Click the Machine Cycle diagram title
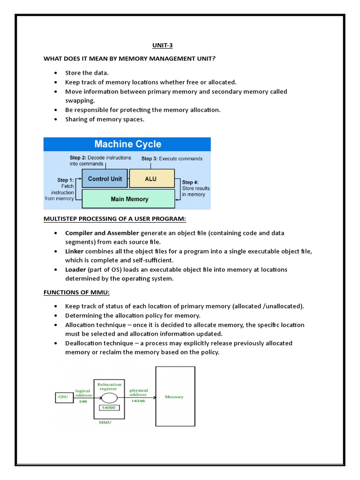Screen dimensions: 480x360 (127, 144)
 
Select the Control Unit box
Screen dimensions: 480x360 (105, 179)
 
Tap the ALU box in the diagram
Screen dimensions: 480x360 (151, 179)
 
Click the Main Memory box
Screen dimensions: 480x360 (129, 199)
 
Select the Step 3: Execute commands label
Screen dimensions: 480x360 (172, 158)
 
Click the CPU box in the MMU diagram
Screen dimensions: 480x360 (62, 397)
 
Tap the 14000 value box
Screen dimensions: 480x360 (109, 407)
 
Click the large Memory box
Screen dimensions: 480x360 (175, 397)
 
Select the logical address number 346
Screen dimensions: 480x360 (83, 402)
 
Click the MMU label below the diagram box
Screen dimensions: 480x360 (105, 422)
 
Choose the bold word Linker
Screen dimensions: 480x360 (75, 251)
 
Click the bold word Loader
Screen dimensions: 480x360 (75, 270)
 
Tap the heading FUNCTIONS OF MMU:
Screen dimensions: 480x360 (76, 292)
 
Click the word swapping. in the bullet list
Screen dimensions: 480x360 (80, 100)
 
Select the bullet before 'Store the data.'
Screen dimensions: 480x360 (56, 73)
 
